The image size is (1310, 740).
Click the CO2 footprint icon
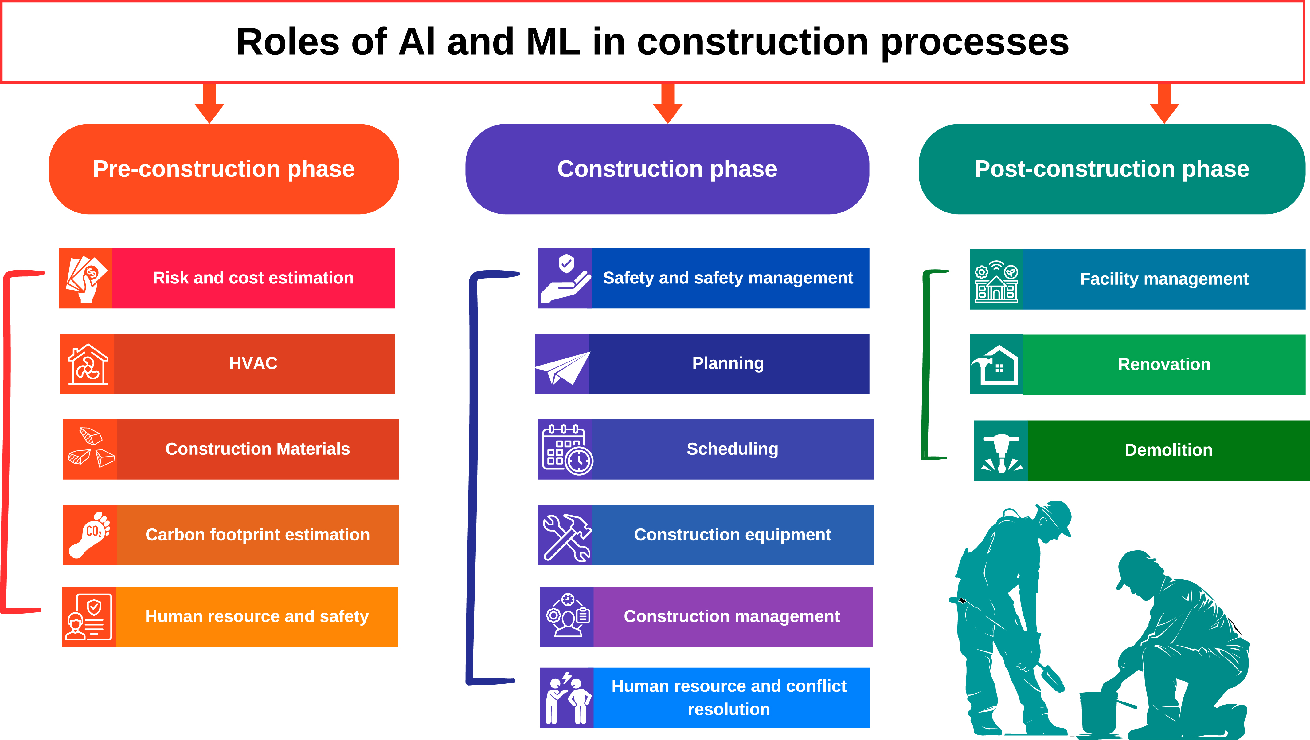pyautogui.click(x=89, y=535)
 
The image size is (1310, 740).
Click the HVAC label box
pyautogui.click(x=254, y=363)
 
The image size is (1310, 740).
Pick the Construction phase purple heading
pyautogui.click(x=667, y=169)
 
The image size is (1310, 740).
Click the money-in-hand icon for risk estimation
pyautogui.click(x=86, y=279)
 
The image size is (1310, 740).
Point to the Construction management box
pyautogui.click(x=732, y=617)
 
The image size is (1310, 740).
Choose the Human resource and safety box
pyautogui.click(x=257, y=617)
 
